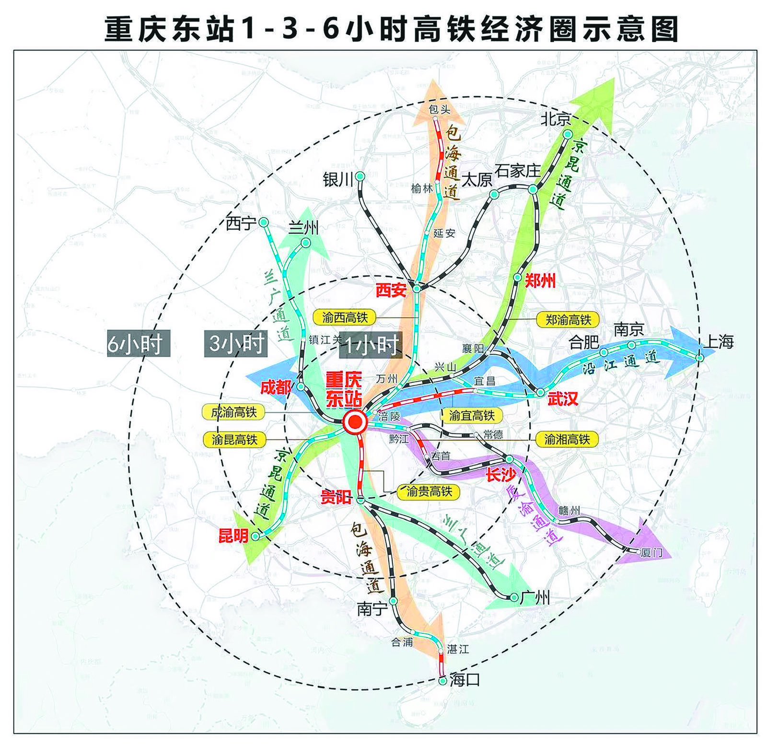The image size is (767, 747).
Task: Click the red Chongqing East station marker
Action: (x=355, y=422)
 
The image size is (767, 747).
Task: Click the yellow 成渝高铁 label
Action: (x=234, y=412)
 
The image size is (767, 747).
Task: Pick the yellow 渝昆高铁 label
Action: (x=234, y=439)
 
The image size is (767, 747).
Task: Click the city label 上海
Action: (x=718, y=342)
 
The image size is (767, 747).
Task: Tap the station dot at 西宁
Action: (x=264, y=222)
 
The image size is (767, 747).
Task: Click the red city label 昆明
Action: (x=233, y=535)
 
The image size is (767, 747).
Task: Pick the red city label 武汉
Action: (x=563, y=399)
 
